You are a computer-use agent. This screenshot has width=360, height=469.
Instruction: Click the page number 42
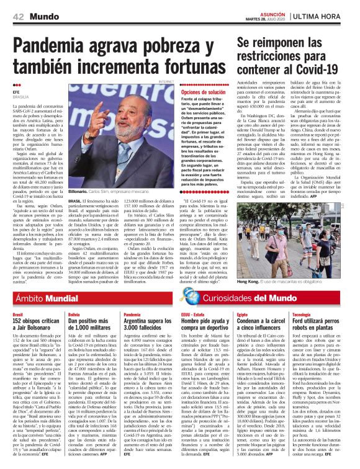(19, 16)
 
